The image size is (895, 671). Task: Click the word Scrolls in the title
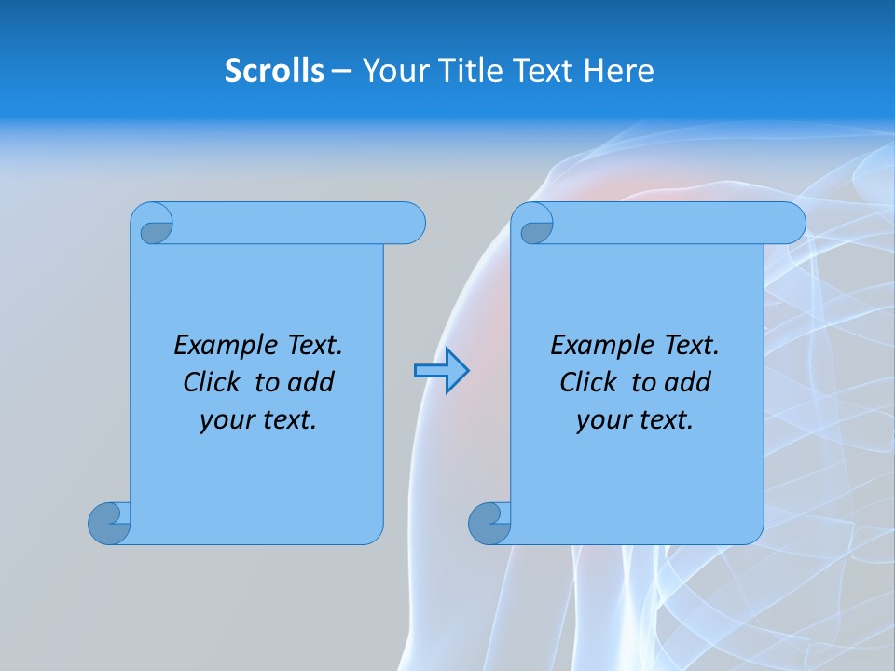(x=274, y=70)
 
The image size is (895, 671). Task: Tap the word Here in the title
(x=619, y=70)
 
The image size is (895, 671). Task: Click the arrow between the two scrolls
(x=442, y=371)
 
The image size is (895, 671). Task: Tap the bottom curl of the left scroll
(x=109, y=523)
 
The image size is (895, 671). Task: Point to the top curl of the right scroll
(x=535, y=225)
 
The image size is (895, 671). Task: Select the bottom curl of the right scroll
(x=489, y=523)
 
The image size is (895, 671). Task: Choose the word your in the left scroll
(x=225, y=420)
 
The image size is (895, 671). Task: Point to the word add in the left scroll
(x=312, y=382)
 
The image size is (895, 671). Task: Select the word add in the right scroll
(x=689, y=382)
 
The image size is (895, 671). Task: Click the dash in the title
(x=341, y=70)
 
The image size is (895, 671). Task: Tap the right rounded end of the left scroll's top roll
(x=410, y=224)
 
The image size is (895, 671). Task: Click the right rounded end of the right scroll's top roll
(x=791, y=224)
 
